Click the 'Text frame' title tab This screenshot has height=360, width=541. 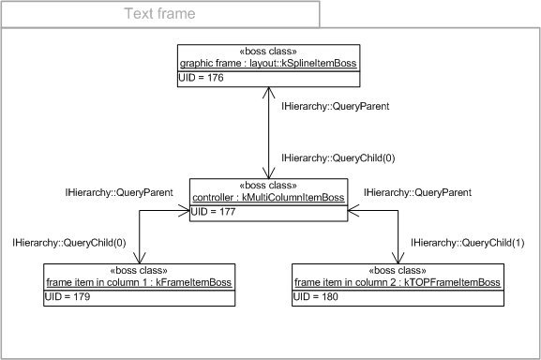(159, 14)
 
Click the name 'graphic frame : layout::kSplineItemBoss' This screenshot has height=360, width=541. (268, 64)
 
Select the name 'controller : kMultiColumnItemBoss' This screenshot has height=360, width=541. (268, 198)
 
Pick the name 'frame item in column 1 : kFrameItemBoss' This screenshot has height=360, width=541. (140, 282)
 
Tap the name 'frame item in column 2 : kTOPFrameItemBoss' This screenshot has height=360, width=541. (396, 282)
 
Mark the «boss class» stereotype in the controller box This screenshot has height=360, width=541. (268, 187)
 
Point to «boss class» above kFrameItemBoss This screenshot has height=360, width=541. (140, 271)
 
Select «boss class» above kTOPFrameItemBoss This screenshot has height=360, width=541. (396, 271)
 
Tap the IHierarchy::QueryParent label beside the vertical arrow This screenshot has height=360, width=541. (329, 107)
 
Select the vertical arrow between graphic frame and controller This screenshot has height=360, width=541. (269, 131)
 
